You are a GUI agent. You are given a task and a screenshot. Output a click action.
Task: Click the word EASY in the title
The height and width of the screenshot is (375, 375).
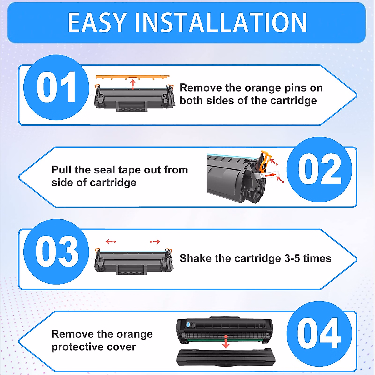point(97,23)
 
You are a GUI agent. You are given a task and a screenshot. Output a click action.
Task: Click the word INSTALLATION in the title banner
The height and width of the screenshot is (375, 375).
point(221,23)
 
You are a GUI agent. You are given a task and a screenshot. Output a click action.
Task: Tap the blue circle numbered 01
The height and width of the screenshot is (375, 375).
point(56,87)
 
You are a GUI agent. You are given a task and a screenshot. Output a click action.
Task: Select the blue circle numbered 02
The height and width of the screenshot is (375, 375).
point(319,169)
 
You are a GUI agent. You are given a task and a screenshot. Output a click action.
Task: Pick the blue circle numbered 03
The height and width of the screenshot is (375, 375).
point(56,252)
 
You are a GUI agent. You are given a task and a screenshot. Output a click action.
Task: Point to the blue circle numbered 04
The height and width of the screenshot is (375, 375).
point(319,334)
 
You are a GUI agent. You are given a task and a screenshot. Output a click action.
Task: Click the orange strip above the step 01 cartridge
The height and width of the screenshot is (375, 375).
point(132,77)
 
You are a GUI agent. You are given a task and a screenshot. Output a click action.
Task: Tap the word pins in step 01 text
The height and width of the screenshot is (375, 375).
point(295,88)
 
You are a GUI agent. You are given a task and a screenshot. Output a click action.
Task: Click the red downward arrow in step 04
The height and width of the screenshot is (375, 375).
point(226,342)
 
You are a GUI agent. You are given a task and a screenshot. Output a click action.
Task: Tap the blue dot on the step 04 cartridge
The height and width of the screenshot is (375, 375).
point(188,325)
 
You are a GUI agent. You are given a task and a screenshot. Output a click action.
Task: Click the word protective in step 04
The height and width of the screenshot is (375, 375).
point(73,347)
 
